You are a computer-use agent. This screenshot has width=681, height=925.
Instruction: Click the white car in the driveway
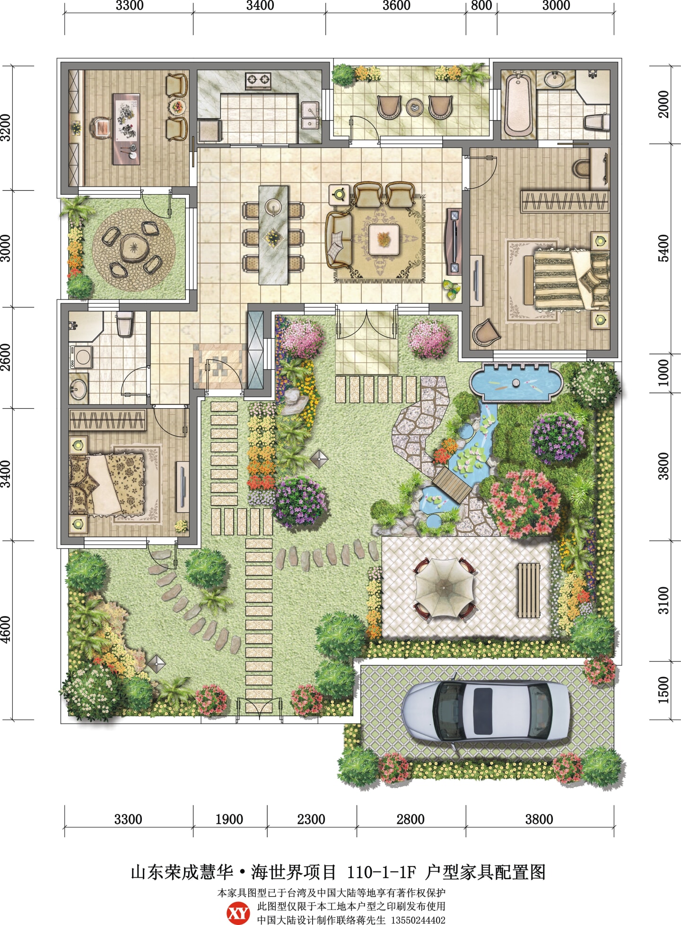click(486, 711)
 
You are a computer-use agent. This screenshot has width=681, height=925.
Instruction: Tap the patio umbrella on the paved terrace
click(444, 587)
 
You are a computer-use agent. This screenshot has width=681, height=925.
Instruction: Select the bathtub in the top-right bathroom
click(518, 104)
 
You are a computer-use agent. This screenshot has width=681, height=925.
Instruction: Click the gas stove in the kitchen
click(258, 80)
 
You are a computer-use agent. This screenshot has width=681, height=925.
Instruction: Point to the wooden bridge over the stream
click(452, 484)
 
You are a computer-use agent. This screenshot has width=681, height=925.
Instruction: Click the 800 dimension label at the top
click(481, 6)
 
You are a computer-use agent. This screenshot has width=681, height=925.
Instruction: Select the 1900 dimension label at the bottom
click(229, 819)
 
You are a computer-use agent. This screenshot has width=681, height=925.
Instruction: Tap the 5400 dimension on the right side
click(664, 248)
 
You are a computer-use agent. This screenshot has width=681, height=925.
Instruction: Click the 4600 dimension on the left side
click(6, 629)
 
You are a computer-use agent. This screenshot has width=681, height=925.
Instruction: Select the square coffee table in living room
click(384, 240)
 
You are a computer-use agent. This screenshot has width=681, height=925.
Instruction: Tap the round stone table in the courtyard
click(134, 247)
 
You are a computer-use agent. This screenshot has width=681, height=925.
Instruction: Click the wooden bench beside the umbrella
click(528, 590)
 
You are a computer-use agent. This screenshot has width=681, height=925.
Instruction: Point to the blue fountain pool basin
click(516, 382)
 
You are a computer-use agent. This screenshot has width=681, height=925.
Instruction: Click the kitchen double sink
click(310, 115)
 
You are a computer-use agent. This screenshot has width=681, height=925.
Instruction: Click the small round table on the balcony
click(415, 107)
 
